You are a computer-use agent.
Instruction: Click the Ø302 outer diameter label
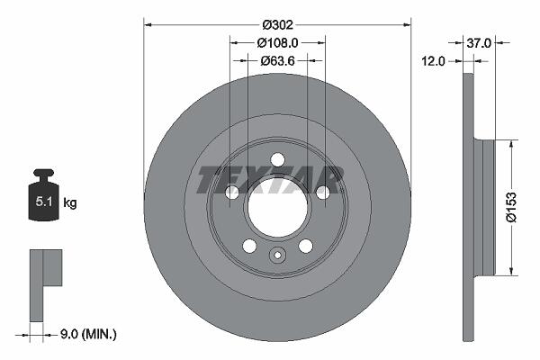[277, 25]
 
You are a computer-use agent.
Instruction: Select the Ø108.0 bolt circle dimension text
[277, 42]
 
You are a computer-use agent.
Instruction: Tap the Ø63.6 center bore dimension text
[277, 61]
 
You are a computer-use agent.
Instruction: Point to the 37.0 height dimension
[479, 43]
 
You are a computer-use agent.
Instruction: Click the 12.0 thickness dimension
[433, 61]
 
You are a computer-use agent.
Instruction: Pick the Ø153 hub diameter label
[511, 207]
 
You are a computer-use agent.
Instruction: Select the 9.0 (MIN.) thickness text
[88, 334]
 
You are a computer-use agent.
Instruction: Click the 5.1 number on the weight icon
[44, 202]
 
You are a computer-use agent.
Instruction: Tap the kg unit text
[70, 202]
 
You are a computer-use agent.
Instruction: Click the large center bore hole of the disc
[277, 207]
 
